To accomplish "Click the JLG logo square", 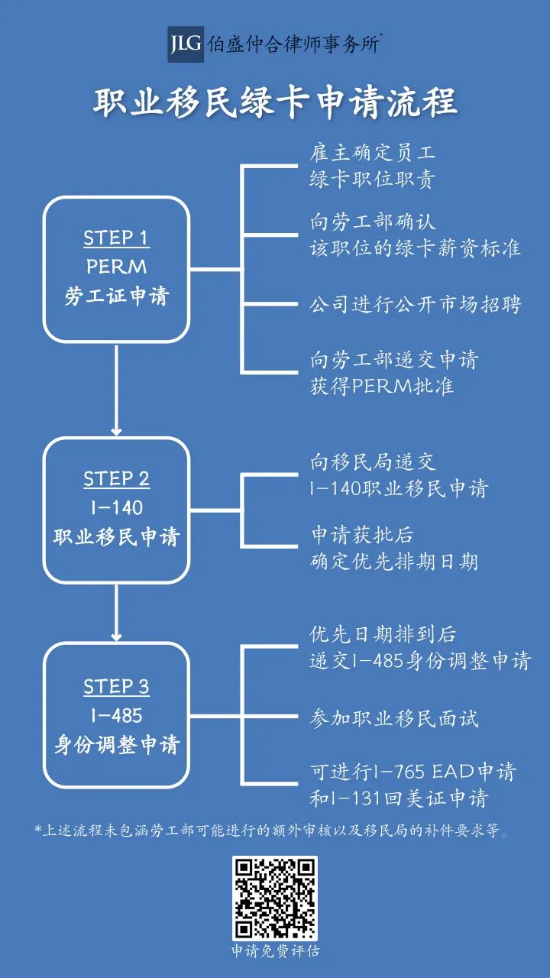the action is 186,44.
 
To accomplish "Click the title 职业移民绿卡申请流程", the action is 275,103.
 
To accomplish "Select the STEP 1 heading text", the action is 116,238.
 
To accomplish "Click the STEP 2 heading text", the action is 116,479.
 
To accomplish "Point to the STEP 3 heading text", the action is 116,687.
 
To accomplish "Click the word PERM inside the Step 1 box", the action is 116,267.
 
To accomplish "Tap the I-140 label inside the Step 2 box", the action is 117,508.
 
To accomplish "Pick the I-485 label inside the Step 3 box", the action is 117,716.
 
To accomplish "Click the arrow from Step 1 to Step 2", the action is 116,390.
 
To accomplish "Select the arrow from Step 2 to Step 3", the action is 116,613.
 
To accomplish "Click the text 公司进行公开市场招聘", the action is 415,304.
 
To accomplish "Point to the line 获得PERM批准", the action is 381,386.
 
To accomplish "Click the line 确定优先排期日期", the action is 393,562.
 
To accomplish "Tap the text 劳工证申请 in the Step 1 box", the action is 117,296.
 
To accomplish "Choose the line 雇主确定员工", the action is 372,153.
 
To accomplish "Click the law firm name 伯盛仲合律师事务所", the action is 294,44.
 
